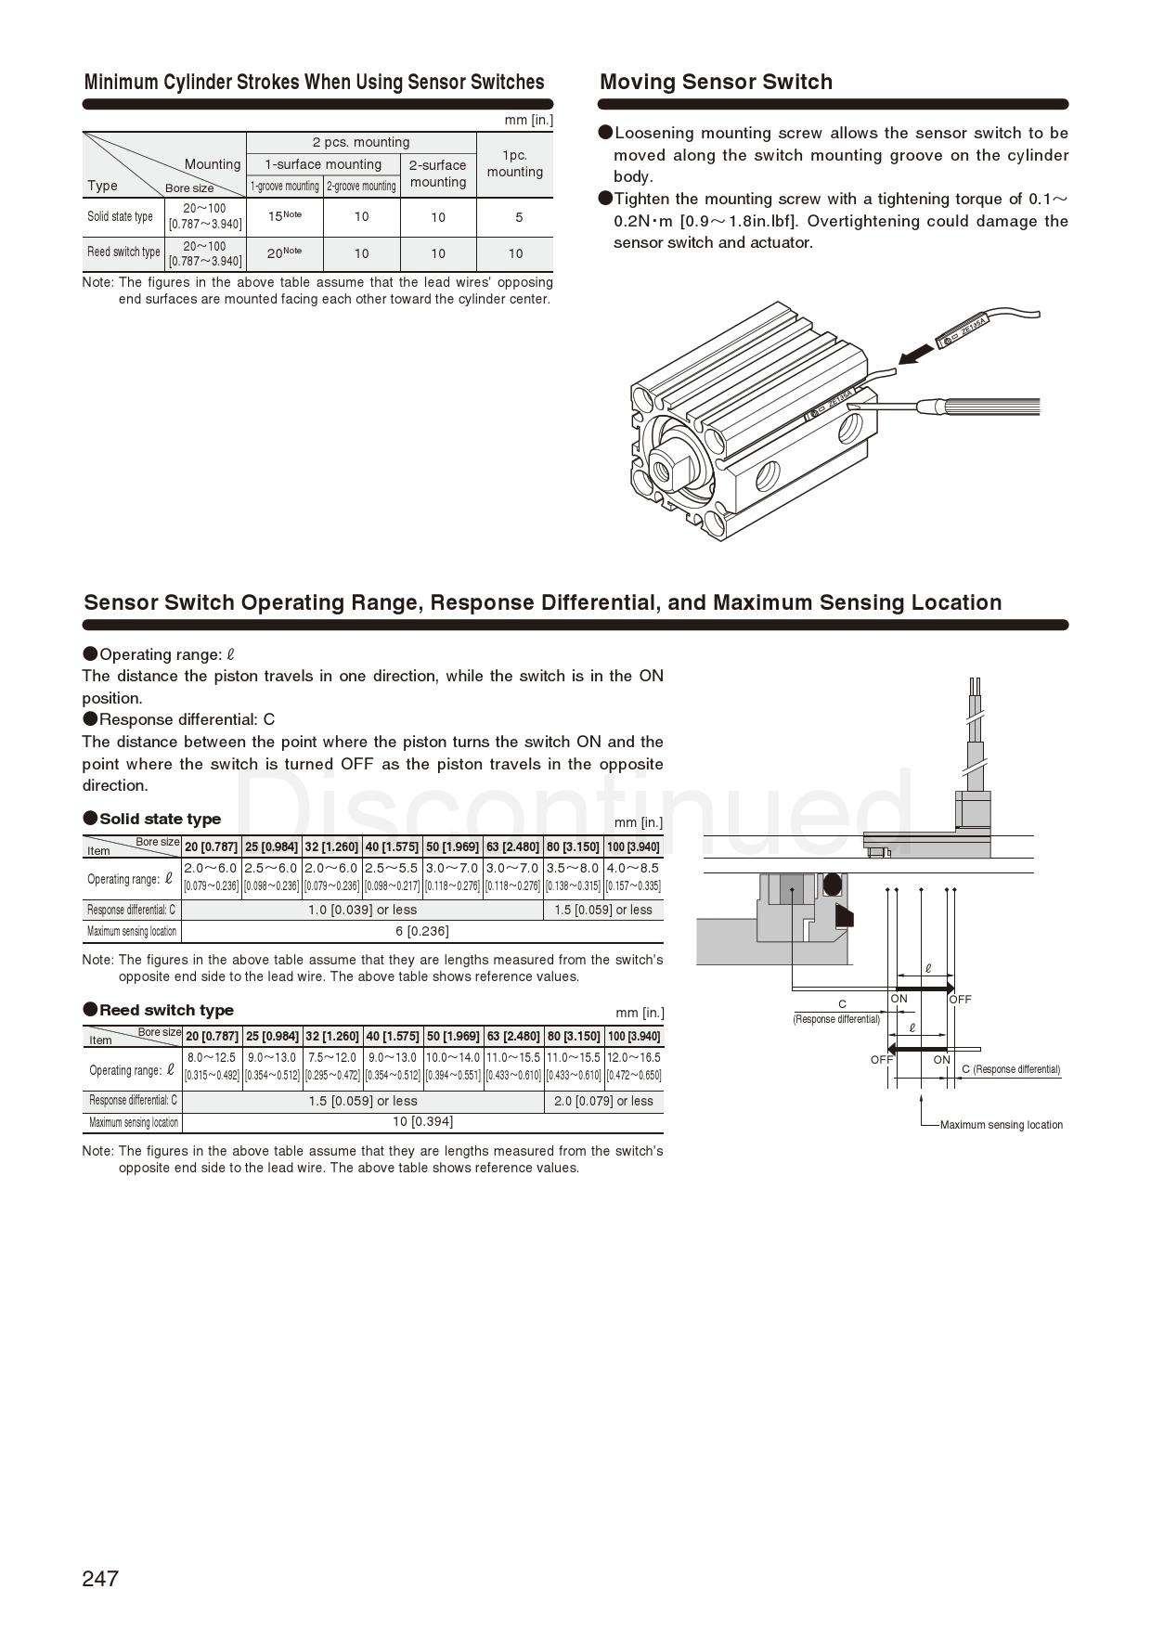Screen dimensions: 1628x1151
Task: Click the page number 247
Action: [x=100, y=1578]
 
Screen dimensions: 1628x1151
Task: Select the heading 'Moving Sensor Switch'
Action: [x=716, y=82]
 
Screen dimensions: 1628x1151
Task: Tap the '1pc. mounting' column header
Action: [x=514, y=163]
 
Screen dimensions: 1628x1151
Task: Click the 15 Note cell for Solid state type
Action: [x=284, y=216]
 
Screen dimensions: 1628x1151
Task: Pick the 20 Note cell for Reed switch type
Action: [x=284, y=252]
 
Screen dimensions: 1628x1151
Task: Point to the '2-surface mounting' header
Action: [x=438, y=174]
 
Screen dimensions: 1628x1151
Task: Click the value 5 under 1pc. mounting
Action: [x=518, y=217]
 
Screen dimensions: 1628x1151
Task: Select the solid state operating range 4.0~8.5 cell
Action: [x=633, y=876]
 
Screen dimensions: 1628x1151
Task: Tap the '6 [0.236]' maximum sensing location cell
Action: [x=421, y=931]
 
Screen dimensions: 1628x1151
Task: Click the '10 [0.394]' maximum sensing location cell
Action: [x=422, y=1122]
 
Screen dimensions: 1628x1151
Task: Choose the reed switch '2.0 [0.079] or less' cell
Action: [x=603, y=1101]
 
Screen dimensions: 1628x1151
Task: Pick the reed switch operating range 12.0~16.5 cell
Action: [x=633, y=1066]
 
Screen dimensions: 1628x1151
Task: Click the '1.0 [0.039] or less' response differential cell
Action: [x=362, y=910]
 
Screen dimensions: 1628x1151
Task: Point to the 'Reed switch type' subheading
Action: [x=166, y=1010]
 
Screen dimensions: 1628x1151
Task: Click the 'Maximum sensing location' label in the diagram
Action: [x=1001, y=1125]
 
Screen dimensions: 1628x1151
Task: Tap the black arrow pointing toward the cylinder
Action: [x=916, y=354]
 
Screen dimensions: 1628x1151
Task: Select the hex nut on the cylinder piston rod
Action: [x=670, y=465]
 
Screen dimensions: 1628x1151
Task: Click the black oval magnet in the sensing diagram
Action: [x=833, y=885]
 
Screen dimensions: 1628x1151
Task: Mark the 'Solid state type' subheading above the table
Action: [x=160, y=819]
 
